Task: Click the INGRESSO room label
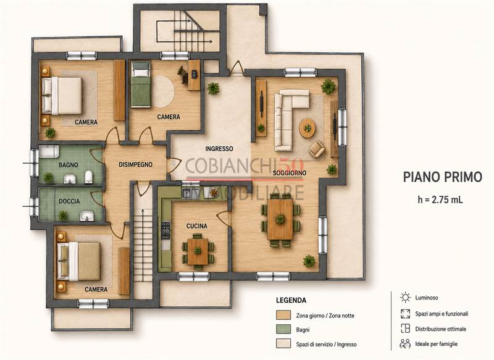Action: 219,149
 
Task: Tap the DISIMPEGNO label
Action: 135,164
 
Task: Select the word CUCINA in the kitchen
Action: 197,226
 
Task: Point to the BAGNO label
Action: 69,165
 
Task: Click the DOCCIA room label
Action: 69,201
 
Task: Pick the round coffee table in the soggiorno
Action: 307,128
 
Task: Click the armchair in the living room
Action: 316,149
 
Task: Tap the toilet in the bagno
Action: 89,177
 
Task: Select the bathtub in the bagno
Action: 49,151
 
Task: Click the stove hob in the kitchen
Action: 165,230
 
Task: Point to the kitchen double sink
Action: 191,193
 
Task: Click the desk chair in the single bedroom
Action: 182,74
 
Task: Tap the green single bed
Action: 141,84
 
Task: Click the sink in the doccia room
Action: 86,216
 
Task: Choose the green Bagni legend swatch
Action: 283,330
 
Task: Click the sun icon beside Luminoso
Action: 405,297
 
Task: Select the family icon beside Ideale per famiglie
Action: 405,343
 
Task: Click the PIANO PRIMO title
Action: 443,177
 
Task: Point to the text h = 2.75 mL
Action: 440,199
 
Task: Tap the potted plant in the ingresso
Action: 213,88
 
